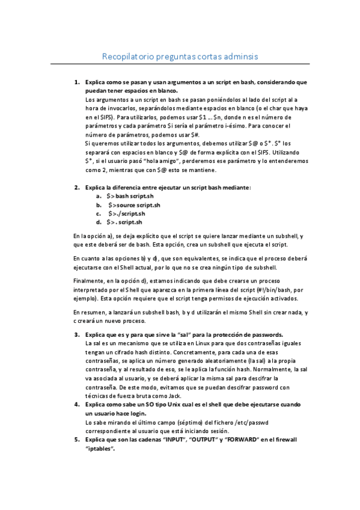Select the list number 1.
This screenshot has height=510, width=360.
pyautogui.click(x=76, y=82)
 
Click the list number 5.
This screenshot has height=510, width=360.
pyautogui.click(x=76, y=440)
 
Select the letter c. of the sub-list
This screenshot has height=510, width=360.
pyautogui.click(x=98, y=214)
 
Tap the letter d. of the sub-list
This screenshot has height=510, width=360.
pyautogui.click(x=98, y=222)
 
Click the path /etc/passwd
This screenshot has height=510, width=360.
pyautogui.click(x=253, y=422)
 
